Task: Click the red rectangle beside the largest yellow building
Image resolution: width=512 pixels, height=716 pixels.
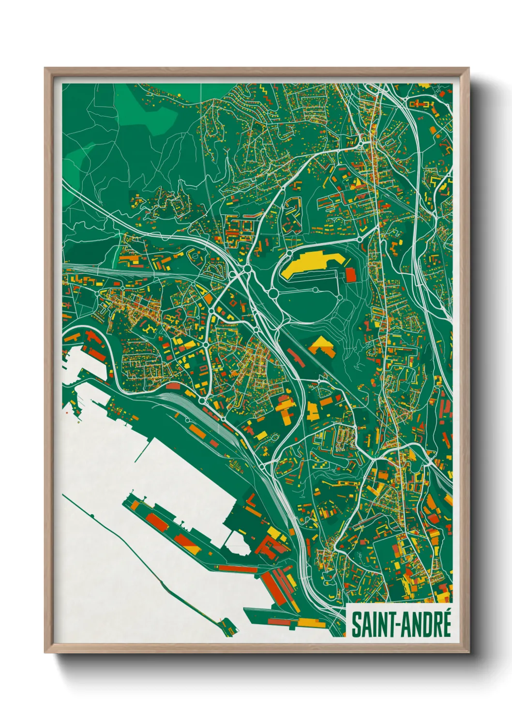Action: (x=350, y=275)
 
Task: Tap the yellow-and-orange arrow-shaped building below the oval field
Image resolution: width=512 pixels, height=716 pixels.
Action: (x=322, y=346)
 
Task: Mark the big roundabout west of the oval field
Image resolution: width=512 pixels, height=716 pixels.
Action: (x=273, y=294)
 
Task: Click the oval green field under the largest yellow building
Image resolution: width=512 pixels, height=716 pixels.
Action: (x=310, y=300)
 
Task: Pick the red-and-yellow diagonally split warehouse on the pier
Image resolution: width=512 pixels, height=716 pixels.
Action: (x=186, y=542)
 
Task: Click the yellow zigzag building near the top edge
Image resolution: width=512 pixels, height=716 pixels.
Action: (x=264, y=90)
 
